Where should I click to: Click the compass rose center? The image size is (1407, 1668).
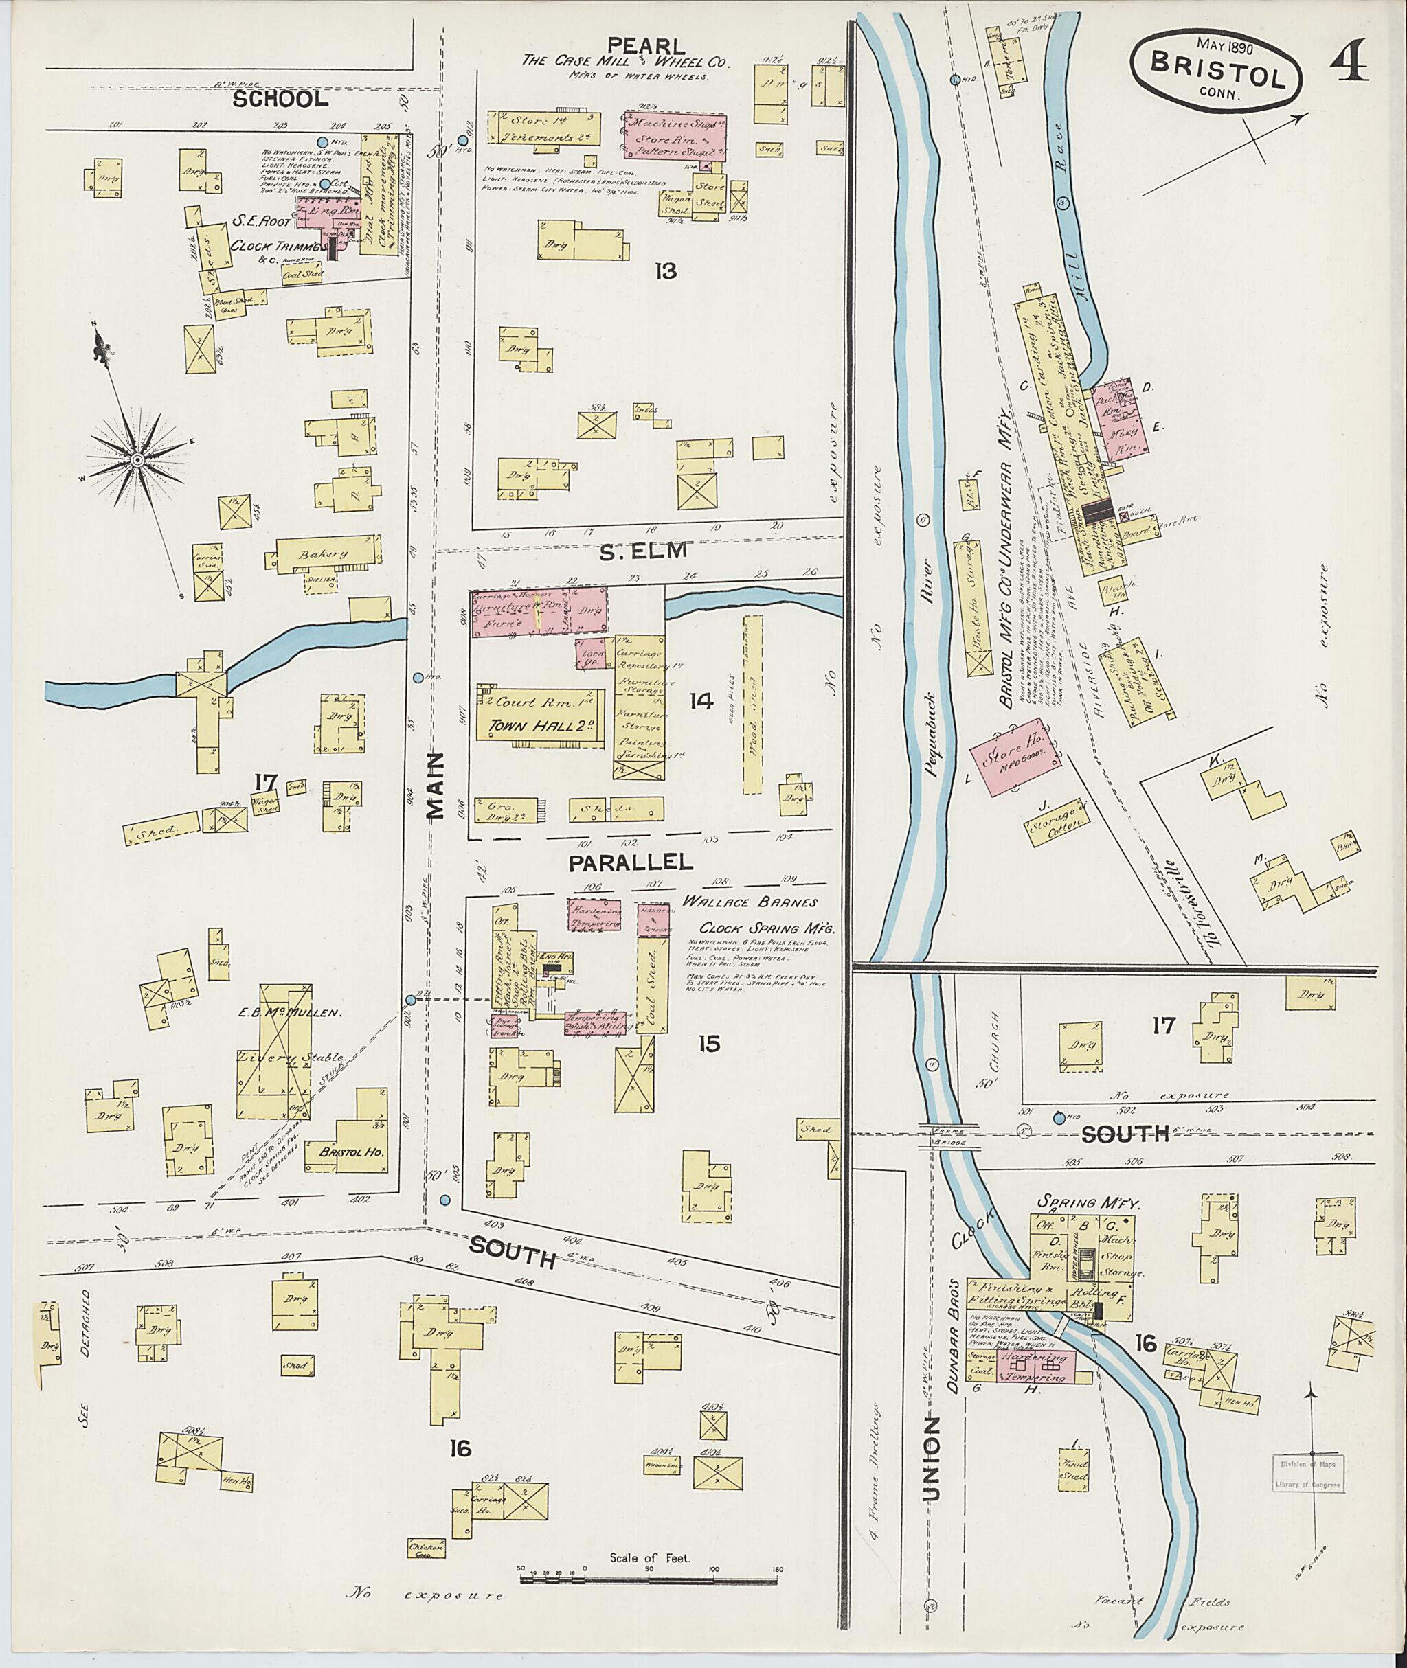(137, 461)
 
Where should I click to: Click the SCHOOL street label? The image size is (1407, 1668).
(280, 99)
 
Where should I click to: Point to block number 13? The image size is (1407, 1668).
(665, 271)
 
